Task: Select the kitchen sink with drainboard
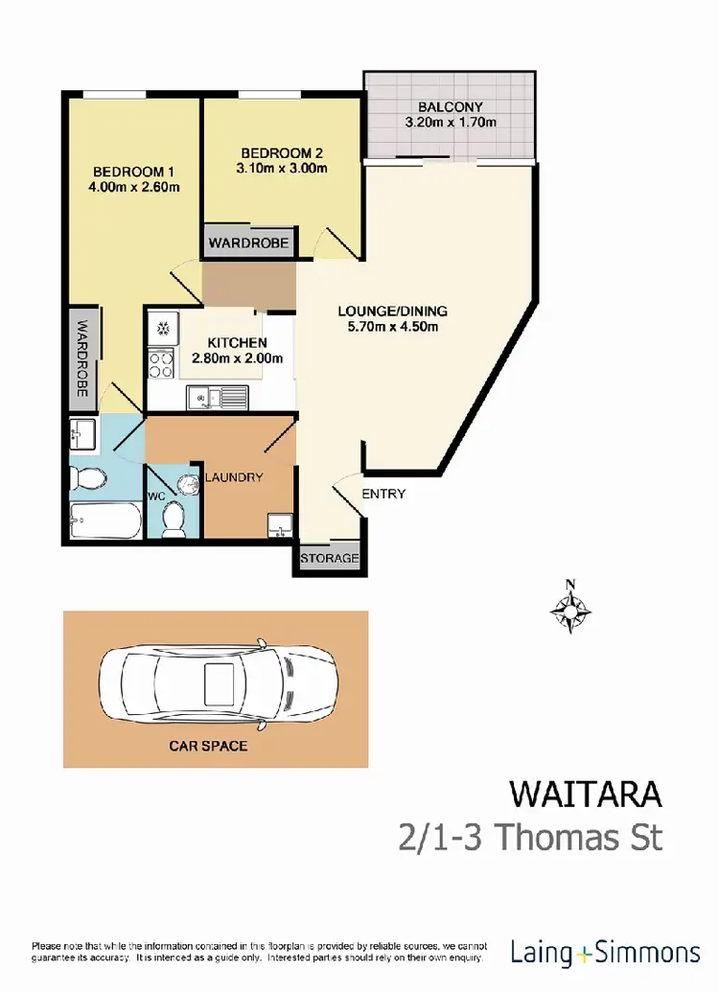218,395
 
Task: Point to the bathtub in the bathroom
105,523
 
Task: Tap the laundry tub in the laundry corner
279,524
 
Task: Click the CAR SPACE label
209,745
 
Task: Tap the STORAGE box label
329,558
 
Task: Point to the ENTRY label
383,495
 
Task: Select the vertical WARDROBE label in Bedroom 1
83,358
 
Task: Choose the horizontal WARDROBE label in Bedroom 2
249,242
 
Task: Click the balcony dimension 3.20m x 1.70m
450,123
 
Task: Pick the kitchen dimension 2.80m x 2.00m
237,358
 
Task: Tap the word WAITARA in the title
586,795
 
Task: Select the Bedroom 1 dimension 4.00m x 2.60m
133,187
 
